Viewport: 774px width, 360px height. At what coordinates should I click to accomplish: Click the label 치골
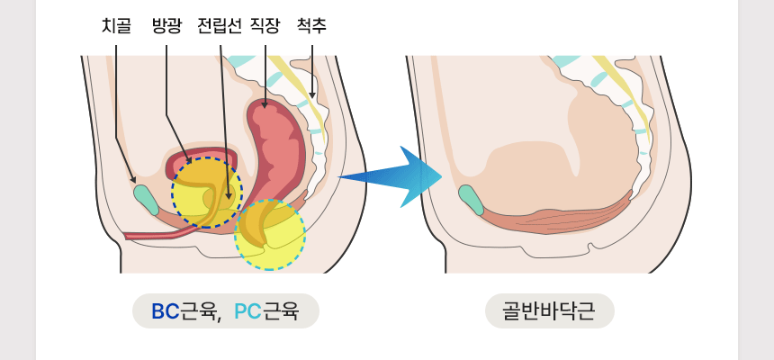pos(116,26)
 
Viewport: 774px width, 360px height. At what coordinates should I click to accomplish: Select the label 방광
pos(166,26)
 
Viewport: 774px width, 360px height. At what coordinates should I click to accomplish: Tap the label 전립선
pos(220,26)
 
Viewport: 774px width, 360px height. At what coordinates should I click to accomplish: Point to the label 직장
pos(265,26)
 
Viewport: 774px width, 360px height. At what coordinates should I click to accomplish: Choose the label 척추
pos(311,26)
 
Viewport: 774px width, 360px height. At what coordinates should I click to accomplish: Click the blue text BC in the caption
pos(166,312)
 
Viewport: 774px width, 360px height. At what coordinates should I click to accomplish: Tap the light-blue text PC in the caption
pos(247,312)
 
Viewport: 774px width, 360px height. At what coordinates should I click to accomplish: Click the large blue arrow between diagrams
pos(396,176)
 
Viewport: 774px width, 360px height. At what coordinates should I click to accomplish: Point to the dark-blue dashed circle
pos(207,192)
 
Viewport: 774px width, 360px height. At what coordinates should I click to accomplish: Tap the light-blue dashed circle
pos(270,235)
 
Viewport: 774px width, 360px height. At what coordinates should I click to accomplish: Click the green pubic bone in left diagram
pos(145,199)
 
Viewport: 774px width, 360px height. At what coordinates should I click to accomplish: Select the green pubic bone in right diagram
pos(470,199)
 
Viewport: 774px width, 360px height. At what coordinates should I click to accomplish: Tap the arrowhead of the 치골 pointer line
pos(134,180)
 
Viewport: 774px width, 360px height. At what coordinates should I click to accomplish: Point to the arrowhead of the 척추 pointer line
pos(312,95)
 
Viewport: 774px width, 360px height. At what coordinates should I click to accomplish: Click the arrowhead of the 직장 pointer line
pos(265,106)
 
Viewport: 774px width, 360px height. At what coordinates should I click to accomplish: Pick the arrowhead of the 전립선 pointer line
pos(229,197)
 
